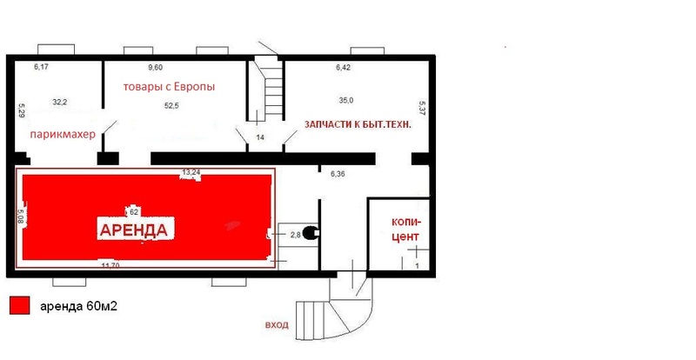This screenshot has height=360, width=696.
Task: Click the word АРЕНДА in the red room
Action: (134, 230)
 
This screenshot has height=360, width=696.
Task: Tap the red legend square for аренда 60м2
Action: (19, 306)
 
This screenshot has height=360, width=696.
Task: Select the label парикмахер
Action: (63, 134)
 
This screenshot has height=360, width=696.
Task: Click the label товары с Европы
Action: (169, 87)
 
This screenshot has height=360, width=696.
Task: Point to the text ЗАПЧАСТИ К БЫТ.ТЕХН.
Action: (358, 124)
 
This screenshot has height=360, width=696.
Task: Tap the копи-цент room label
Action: (405, 229)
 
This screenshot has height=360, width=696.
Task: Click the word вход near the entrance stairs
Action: (277, 325)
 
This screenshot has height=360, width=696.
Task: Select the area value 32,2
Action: (59, 102)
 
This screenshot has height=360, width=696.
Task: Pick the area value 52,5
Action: (171, 105)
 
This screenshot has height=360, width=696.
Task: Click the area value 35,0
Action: (346, 100)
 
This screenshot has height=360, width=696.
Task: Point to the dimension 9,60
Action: (156, 68)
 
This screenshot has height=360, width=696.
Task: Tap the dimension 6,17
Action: (41, 67)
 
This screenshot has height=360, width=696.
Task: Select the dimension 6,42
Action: (344, 68)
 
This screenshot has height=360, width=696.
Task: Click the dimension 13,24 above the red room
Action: (191, 172)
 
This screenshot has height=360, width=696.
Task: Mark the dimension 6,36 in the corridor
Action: (338, 174)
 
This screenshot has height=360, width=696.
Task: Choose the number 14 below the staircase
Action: (260, 137)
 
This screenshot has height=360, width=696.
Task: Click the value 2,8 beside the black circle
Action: (296, 235)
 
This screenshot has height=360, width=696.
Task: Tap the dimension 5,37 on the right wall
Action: (422, 109)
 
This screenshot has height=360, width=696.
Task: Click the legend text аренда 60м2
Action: (78, 306)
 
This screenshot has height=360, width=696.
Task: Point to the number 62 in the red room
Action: (134, 212)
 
